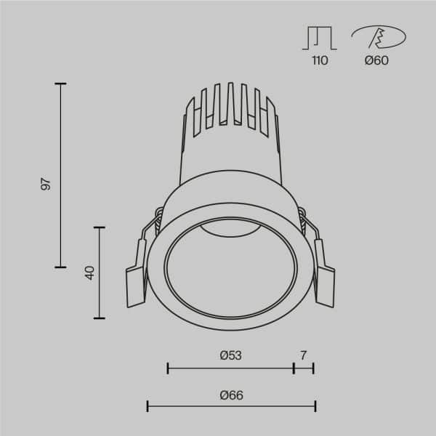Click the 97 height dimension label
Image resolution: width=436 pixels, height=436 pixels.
(x=46, y=183)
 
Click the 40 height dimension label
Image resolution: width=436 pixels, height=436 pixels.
(x=90, y=272)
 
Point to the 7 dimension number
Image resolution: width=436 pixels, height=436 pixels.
(x=304, y=355)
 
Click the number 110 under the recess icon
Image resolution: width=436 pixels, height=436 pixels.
(x=320, y=60)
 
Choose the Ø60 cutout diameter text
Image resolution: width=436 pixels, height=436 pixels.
(x=376, y=60)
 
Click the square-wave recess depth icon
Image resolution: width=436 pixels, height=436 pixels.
(x=320, y=37)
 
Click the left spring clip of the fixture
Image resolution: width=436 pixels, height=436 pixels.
(x=138, y=272)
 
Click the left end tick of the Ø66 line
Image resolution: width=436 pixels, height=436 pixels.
(x=148, y=406)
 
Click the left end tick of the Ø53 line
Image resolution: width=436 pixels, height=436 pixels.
(x=168, y=368)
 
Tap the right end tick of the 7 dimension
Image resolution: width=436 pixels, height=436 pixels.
(x=313, y=368)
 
